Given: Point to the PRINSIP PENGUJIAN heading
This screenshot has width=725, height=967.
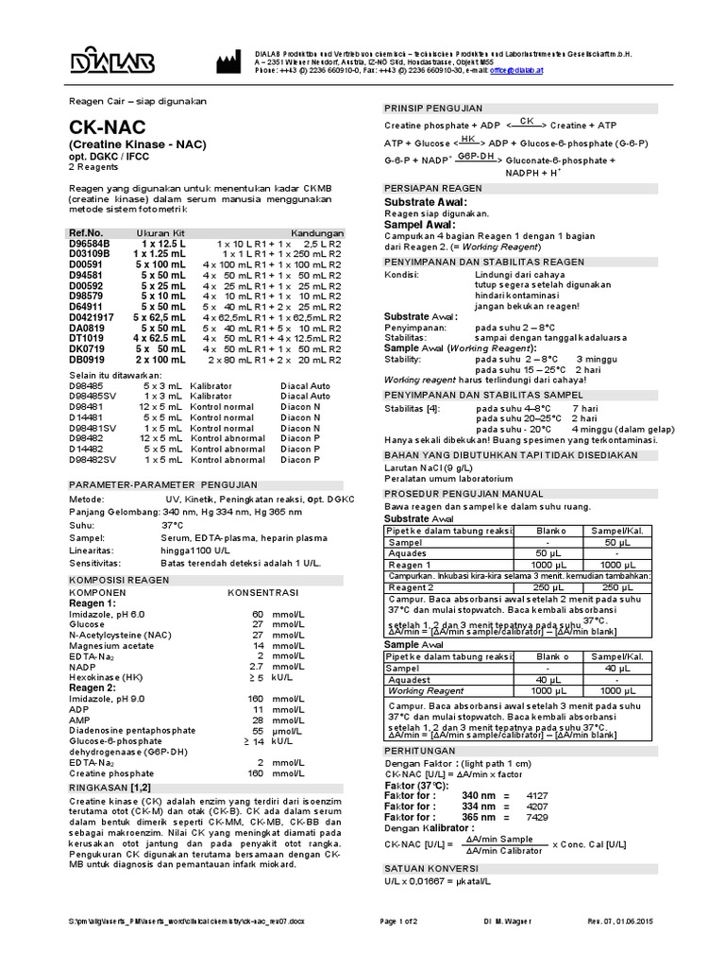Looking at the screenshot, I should click(433, 108).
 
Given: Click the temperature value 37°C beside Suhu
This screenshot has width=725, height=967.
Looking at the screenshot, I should click(172, 522).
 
